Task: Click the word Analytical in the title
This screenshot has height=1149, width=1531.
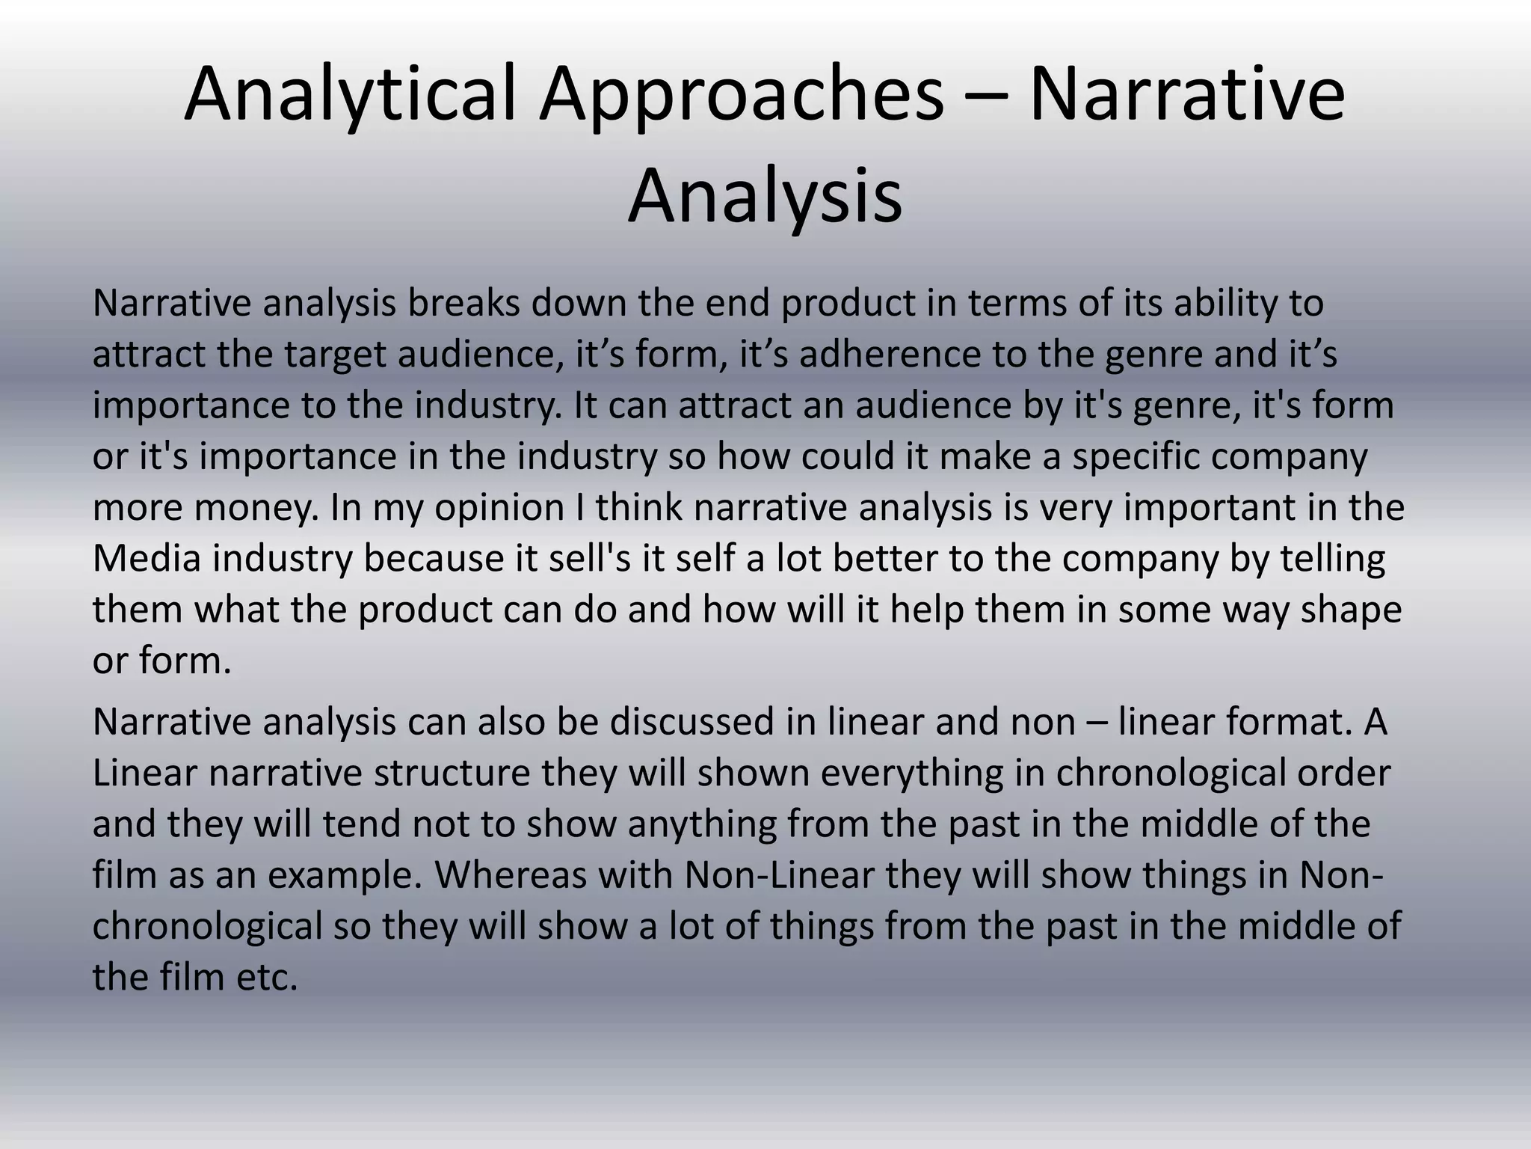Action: pyautogui.click(x=350, y=95)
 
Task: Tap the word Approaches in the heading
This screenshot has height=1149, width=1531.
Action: pyautogui.click(x=742, y=95)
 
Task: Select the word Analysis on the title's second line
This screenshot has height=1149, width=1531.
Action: pyautogui.click(x=765, y=197)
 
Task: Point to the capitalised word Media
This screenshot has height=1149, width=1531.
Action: pyautogui.click(x=147, y=558)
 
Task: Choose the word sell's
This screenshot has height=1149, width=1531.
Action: pyautogui.click(x=589, y=558)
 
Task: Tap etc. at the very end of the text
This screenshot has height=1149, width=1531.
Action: pyautogui.click(x=267, y=976)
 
